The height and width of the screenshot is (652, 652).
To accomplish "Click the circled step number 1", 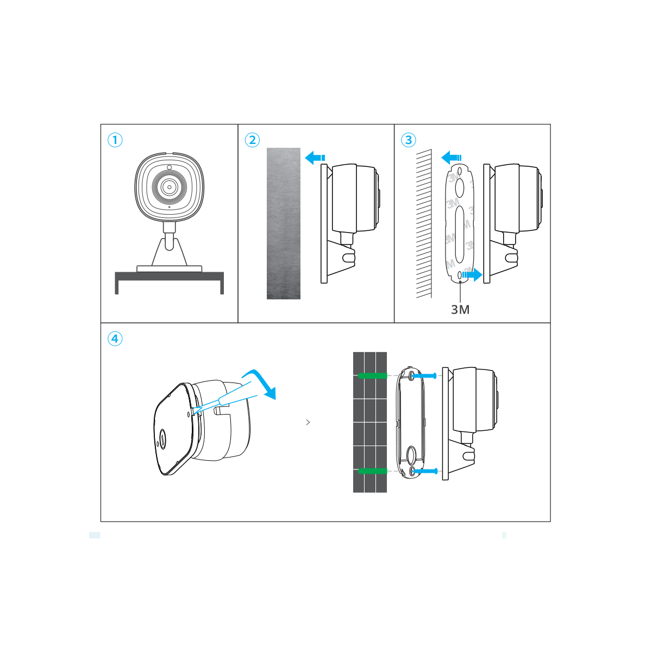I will tap(115, 140).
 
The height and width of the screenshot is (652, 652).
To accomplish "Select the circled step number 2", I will tap(252, 140).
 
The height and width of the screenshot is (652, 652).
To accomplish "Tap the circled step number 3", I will tap(408, 140).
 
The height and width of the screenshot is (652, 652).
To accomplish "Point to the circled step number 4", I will tap(115, 339).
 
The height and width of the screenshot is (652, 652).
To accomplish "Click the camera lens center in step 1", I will tap(170, 187).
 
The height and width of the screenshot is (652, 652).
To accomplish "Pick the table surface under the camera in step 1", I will tap(169, 275).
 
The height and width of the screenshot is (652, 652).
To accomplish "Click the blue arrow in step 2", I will tap(315, 158).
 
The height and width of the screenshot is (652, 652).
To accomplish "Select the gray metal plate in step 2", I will tap(284, 223).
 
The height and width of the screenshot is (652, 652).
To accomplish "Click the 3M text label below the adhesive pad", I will tap(460, 310).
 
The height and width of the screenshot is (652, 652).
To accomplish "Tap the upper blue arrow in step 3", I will tap(451, 158).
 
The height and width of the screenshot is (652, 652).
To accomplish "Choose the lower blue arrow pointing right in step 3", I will tap(473, 275).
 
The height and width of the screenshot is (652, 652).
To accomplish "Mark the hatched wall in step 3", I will tap(424, 223).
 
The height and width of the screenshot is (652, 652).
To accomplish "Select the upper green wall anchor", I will tap(372, 376).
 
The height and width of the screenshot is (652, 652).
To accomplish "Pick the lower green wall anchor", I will tap(372, 471).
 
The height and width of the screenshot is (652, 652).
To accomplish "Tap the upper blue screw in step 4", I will tap(424, 376).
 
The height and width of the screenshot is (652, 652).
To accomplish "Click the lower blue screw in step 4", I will tap(424, 471).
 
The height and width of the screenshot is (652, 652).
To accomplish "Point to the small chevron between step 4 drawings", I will tap(308, 422).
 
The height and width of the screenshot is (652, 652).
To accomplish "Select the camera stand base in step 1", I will tap(169, 268).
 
